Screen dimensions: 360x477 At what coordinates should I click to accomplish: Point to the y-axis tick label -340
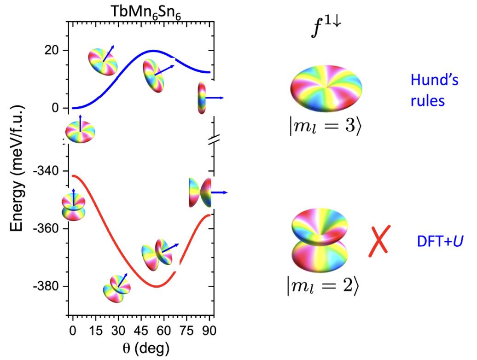(x=48, y=171)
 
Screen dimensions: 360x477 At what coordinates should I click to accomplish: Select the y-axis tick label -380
(x=48, y=286)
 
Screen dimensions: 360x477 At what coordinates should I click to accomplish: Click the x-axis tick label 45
(x=141, y=331)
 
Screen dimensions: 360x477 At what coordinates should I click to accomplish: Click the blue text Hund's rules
(x=434, y=90)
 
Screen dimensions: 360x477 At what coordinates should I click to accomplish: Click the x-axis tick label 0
(x=72, y=331)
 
